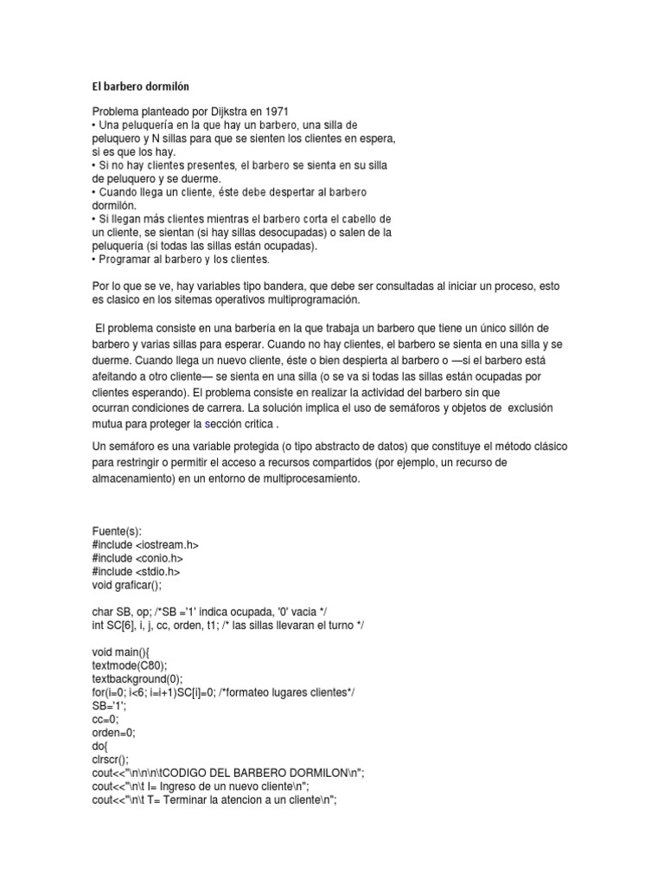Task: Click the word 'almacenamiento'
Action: click(136, 478)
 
